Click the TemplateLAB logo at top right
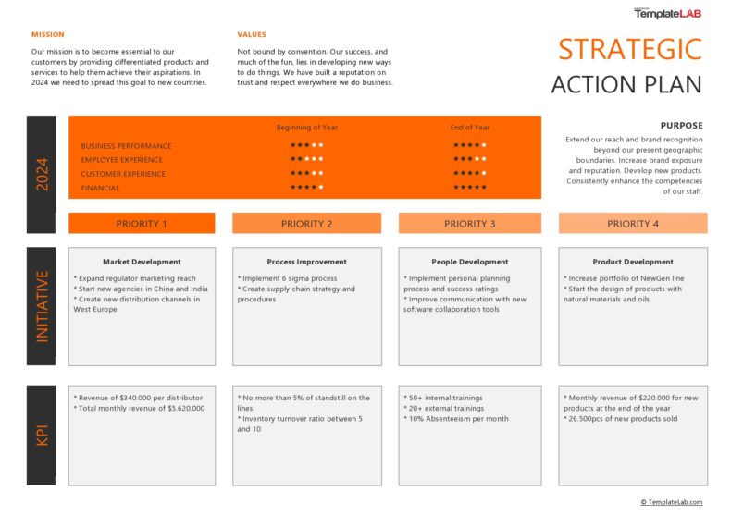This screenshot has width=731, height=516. click(667, 14)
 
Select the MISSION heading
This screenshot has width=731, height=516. click(47, 34)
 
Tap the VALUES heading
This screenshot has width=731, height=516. click(252, 34)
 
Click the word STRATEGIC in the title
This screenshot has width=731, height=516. click(629, 50)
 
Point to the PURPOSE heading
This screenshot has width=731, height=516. click(681, 125)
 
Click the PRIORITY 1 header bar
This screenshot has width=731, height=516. click(142, 224)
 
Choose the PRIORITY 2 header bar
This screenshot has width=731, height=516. click(306, 224)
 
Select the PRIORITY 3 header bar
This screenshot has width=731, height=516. click(469, 224)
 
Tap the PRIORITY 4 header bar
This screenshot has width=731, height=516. click(633, 224)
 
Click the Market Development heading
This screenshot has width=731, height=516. click(142, 262)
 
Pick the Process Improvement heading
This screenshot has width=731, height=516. click(306, 262)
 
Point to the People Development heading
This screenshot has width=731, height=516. click(469, 262)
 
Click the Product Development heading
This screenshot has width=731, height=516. click(633, 262)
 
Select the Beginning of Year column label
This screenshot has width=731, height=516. click(306, 128)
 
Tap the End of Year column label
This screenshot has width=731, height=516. click(469, 128)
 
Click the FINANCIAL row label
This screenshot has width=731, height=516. click(100, 188)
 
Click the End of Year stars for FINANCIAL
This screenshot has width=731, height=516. click(469, 188)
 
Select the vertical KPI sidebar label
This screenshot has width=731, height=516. click(42, 435)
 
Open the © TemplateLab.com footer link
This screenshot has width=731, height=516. click(671, 502)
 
